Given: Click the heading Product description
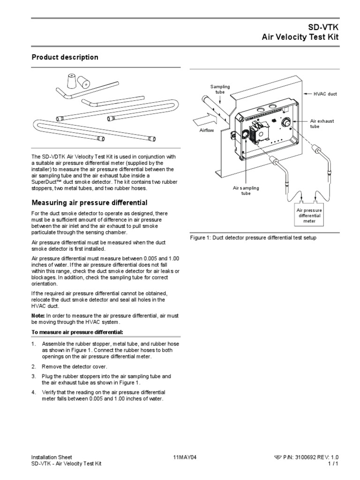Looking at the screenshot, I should tap(65, 57).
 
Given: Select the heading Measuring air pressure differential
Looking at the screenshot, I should tap(89, 202).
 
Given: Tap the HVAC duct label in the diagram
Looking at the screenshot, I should tap(325, 94).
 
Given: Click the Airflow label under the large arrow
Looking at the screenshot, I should tap(207, 130).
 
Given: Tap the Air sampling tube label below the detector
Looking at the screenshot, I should tap(246, 190).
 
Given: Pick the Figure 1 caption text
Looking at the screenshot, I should tap(253, 238).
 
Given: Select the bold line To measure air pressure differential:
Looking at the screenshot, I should tap(70, 332).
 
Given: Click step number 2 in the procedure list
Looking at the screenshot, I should tap(34, 366).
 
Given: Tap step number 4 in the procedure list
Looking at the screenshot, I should tap(34, 392).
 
